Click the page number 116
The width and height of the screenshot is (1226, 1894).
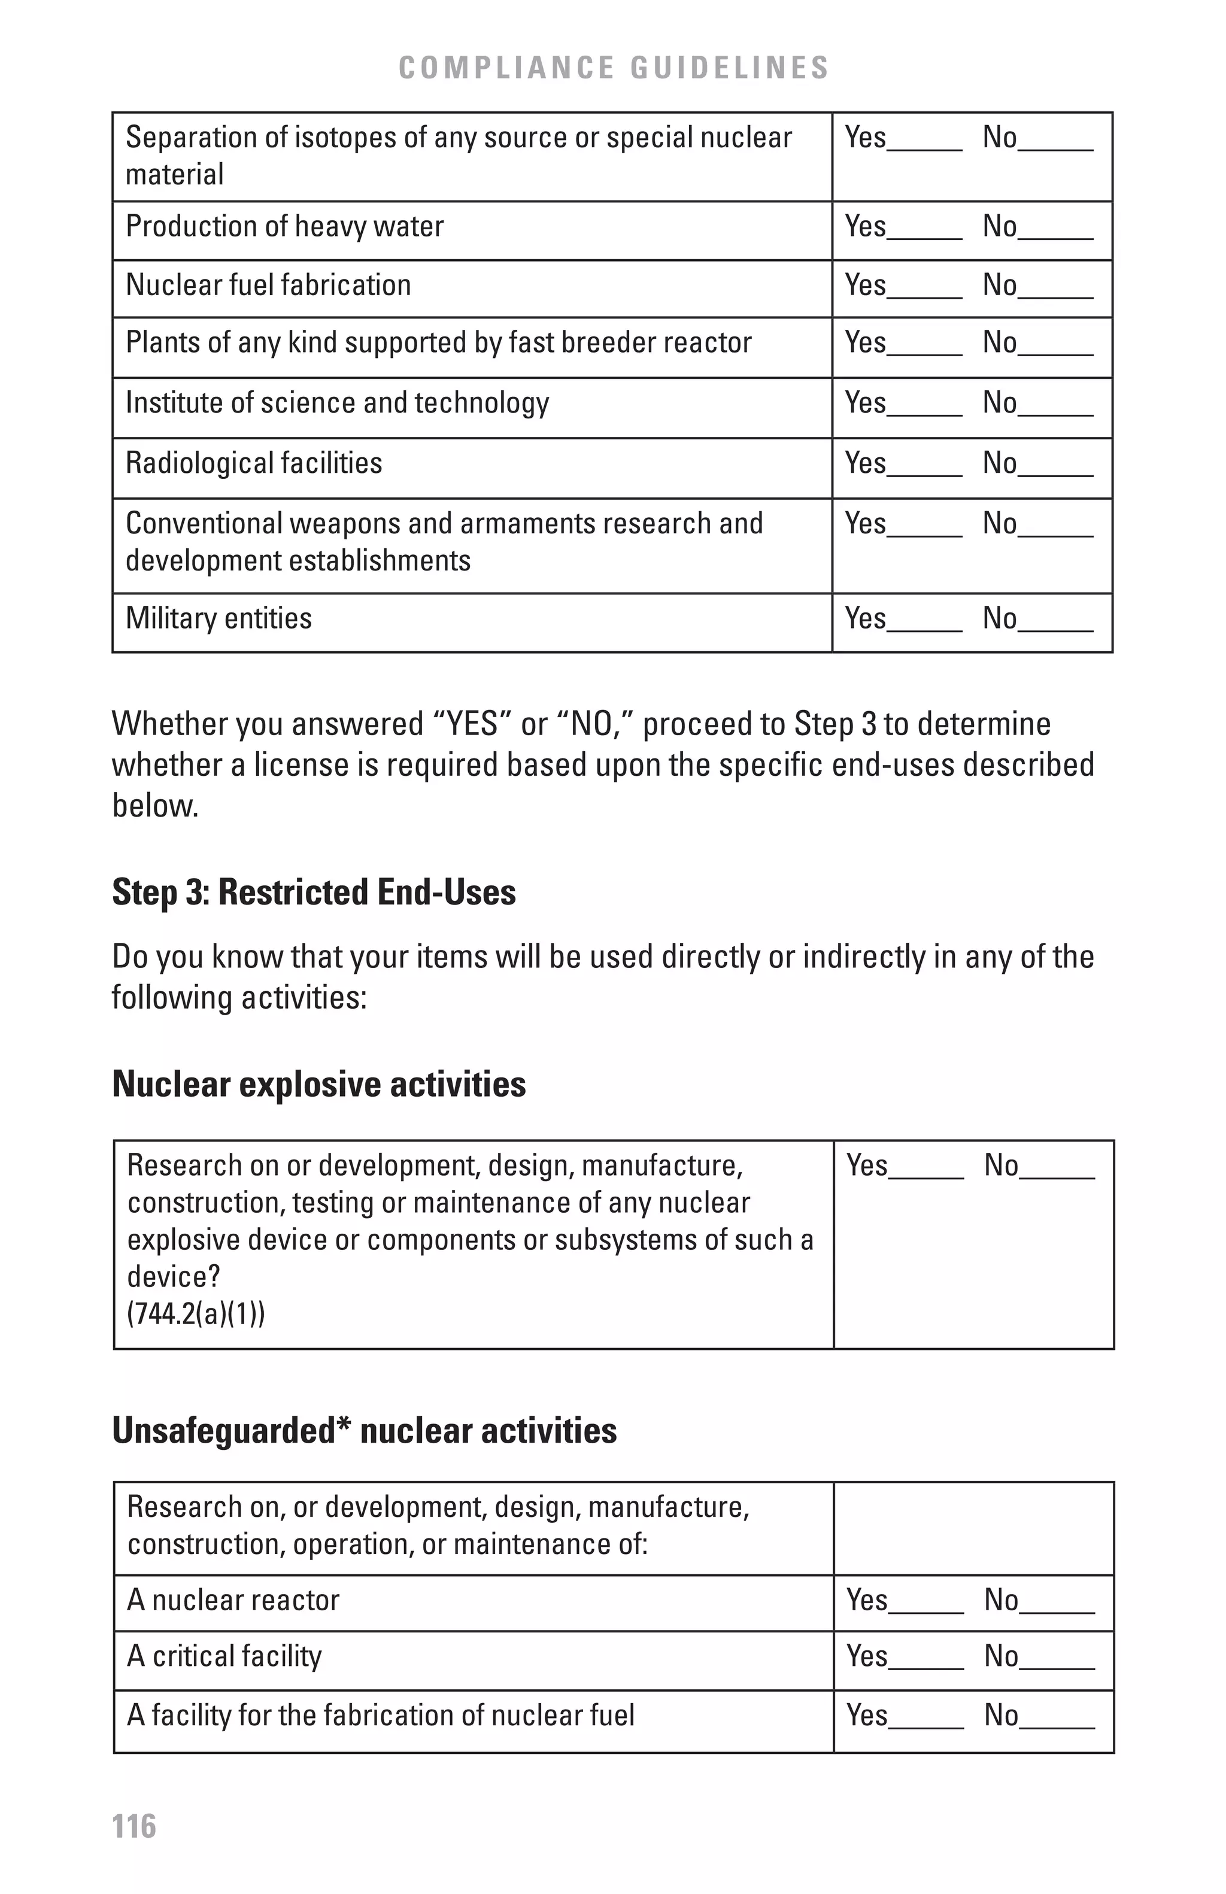(x=133, y=1825)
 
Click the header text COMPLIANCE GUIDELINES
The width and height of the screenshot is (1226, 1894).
(x=614, y=68)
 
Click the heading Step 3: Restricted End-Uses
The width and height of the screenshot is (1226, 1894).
(x=314, y=892)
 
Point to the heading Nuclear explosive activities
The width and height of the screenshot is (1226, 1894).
(x=318, y=1084)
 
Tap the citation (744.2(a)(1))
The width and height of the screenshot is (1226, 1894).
(x=196, y=1314)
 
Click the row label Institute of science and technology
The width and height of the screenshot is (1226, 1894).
(x=336, y=403)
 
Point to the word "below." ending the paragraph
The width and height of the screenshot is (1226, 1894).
(x=154, y=806)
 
